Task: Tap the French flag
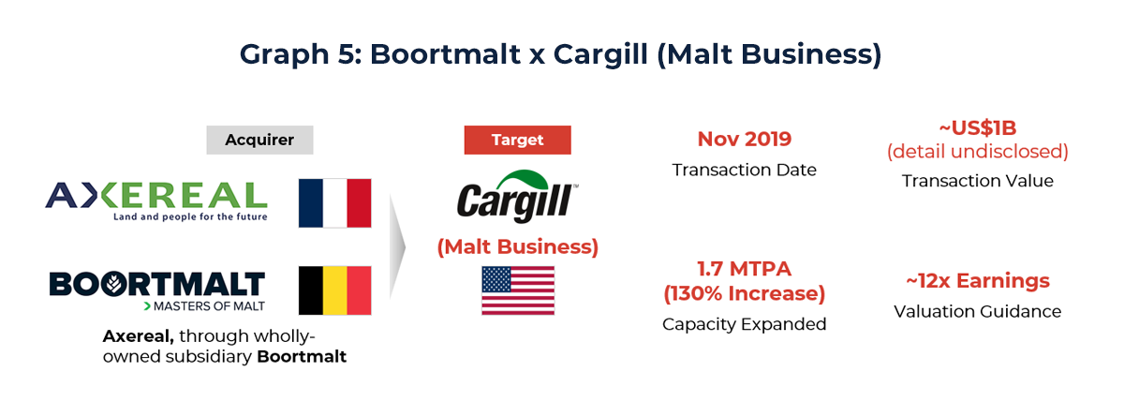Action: (335, 202)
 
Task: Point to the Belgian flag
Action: (335, 290)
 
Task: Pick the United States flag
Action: (517, 290)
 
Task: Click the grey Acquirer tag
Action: (259, 141)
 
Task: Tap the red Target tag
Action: (517, 141)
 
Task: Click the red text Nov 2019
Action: (744, 140)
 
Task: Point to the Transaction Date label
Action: (744, 170)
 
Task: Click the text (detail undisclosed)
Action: (977, 152)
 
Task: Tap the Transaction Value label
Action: (977, 181)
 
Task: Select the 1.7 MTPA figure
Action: (744, 270)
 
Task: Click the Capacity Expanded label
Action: (744, 324)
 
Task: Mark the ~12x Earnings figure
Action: (977, 281)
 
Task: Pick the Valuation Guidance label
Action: (977, 311)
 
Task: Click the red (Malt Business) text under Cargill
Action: (517, 247)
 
